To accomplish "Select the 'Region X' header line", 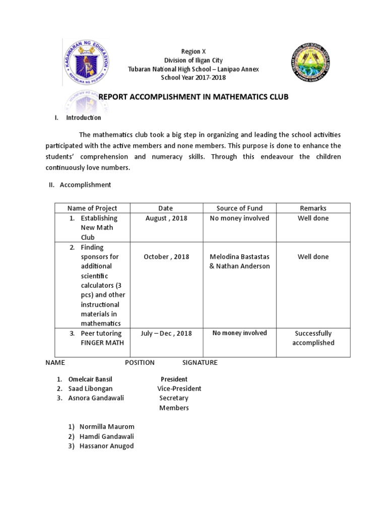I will point(193,51).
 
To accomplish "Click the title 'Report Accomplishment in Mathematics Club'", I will point(193,97).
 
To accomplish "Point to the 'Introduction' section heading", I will point(83,118).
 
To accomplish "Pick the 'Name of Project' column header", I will point(92,208).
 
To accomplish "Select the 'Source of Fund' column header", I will point(239,208).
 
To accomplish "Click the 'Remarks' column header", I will point(313,208).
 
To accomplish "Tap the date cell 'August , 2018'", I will point(166,218).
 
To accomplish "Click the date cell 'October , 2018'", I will point(166,256).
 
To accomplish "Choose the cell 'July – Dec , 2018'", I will point(166,334).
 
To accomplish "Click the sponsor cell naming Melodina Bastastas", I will point(239,261).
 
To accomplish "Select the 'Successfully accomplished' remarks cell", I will point(313,338).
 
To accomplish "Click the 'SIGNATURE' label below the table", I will point(200,363).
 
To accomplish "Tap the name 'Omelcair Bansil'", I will point(91,379).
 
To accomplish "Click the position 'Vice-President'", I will point(179,389).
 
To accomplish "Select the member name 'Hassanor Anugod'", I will point(106,446).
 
